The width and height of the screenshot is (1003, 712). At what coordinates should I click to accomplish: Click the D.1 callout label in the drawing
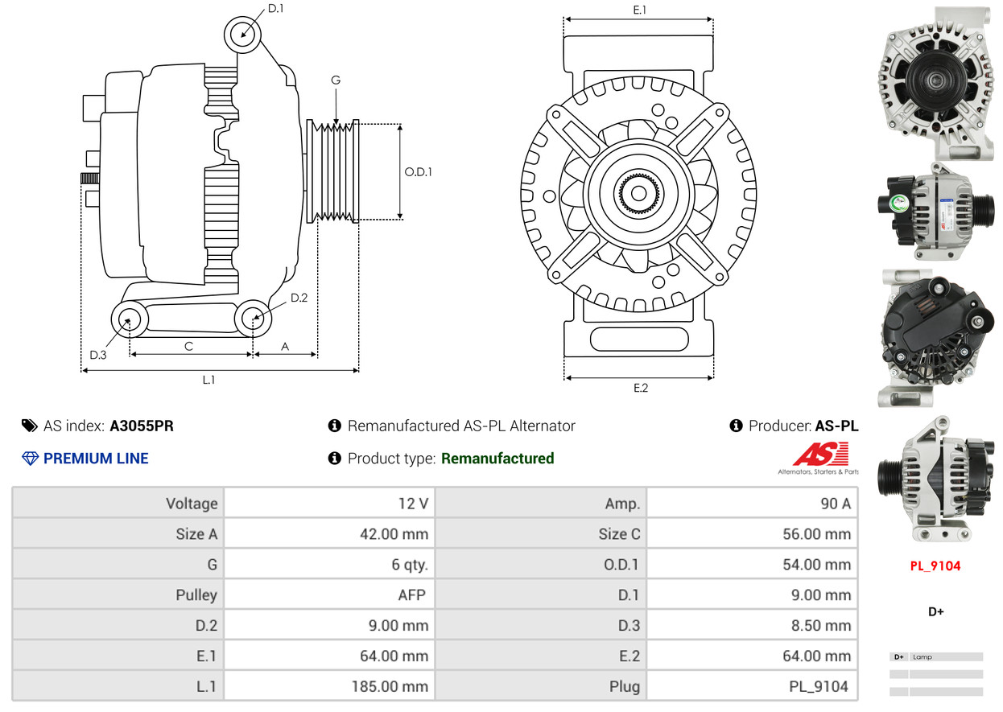click(275, 9)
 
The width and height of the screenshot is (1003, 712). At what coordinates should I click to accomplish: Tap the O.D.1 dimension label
click(418, 171)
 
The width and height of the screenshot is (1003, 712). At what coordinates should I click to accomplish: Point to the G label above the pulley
click(335, 80)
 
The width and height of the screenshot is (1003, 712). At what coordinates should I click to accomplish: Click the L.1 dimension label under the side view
click(208, 380)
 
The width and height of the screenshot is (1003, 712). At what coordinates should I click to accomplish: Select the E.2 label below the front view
click(640, 388)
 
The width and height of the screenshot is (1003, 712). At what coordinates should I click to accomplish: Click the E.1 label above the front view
click(640, 10)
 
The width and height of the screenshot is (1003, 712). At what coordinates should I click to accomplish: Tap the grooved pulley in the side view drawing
click(334, 171)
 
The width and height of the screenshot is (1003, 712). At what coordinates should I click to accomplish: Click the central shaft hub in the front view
click(638, 194)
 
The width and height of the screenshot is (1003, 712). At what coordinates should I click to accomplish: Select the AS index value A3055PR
click(142, 426)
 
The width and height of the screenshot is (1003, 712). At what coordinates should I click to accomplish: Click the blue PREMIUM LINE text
click(95, 459)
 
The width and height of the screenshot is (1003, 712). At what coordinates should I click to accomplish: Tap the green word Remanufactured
click(497, 459)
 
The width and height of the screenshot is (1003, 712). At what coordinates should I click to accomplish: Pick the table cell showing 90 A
click(835, 504)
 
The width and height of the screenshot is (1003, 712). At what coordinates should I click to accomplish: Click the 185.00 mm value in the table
click(390, 687)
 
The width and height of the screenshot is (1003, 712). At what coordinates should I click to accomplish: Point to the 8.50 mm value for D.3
click(816, 626)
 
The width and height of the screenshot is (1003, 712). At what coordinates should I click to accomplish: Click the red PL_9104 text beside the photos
click(935, 566)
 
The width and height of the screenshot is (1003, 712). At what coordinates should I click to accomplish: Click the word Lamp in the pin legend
click(923, 657)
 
